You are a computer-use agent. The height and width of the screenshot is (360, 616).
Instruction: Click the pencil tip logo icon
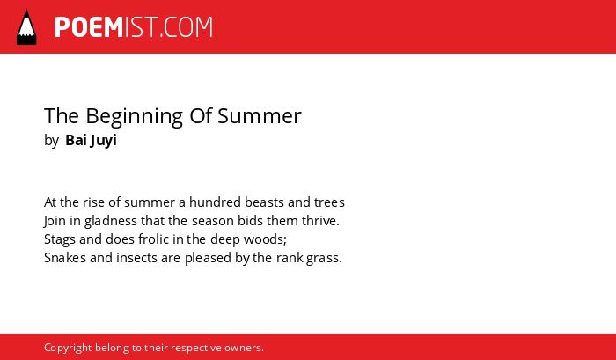click(26, 27)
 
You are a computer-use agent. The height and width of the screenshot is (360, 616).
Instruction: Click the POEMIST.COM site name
click(134, 27)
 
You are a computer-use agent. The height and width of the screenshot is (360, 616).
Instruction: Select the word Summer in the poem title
click(260, 116)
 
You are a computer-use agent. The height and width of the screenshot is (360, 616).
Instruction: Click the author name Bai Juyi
click(91, 141)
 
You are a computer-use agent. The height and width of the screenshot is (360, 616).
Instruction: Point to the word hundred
click(215, 202)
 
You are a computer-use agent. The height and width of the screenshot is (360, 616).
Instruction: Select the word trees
click(329, 202)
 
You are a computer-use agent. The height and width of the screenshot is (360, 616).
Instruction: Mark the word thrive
click(320, 221)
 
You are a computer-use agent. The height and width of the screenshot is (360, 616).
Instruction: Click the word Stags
click(59, 239)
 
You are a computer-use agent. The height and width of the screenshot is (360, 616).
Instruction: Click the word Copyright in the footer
click(68, 349)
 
